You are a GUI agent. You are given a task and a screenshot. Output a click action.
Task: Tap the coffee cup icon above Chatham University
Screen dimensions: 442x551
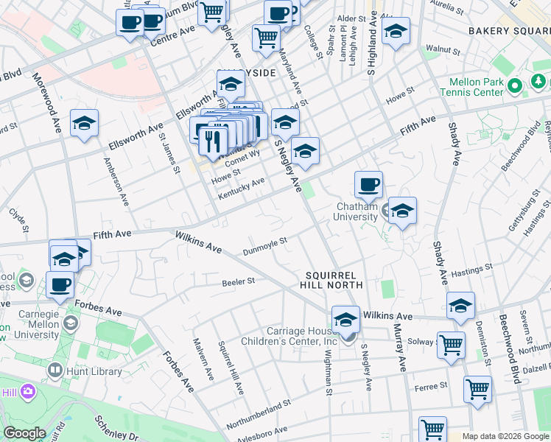tap(368, 184)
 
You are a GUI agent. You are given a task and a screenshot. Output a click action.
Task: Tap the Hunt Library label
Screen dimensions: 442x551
tap(94, 371)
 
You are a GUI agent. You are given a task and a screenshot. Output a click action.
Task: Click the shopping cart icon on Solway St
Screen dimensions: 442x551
tap(451, 343)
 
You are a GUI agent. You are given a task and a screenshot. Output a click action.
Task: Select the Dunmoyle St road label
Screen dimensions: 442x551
tap(264, 246)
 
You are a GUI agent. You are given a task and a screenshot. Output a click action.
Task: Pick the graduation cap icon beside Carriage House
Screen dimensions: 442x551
tap(345, 319)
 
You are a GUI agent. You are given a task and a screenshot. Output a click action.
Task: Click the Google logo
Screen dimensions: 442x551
tap(24, 432)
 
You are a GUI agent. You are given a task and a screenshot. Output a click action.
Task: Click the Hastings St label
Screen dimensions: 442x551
tap(472, 270)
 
